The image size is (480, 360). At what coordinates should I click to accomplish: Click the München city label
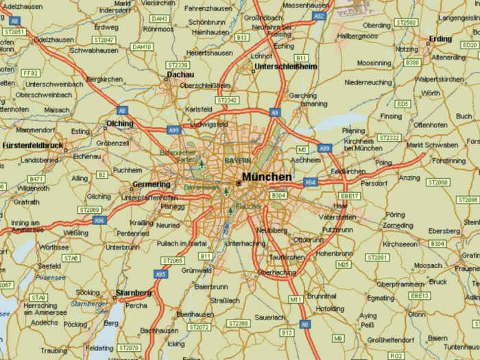[267, 176]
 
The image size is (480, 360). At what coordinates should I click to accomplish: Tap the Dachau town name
[180, 75]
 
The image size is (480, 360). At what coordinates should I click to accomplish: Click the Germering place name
[151, 184]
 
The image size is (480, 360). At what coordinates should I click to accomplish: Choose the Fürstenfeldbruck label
[33, 145]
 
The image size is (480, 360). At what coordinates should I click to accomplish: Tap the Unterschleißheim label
[285, 67]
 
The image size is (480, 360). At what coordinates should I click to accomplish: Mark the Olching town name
[120, 123]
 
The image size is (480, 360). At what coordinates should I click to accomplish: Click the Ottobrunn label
[307, 240]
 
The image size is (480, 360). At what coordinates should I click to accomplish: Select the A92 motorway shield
[319, 15]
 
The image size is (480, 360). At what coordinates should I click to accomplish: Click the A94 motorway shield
[311, 182]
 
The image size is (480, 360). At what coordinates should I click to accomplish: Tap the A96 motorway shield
[99, 220]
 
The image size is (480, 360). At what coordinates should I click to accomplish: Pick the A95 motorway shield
[161, 274]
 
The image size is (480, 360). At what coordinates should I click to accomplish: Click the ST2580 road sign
[406, 23]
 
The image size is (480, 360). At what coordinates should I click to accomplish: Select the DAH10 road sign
[141, 47]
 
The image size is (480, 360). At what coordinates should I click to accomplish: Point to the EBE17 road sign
[350, 195]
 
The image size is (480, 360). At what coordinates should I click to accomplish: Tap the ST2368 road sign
[239, 323]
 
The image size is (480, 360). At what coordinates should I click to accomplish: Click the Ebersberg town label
[445, 231]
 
